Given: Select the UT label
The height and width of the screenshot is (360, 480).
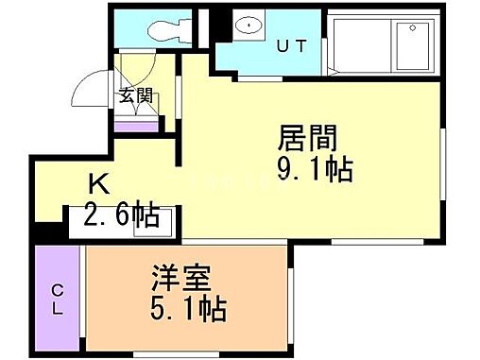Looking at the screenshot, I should point(291,44).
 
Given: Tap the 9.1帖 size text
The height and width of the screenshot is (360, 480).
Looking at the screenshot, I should point(316,169).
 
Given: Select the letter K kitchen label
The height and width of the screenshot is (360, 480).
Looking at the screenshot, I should point(96,184).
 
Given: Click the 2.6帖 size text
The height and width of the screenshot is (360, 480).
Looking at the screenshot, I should point(121,215).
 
